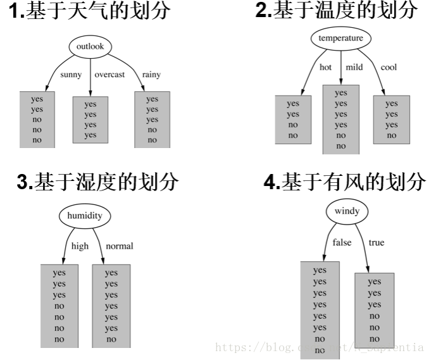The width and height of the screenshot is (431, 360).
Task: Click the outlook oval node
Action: coord(90,46)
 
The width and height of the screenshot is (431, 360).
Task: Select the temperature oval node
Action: coord(340,39)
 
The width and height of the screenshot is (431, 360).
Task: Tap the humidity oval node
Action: coord(84,216)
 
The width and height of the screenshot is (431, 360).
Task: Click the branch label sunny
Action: coord(71,75)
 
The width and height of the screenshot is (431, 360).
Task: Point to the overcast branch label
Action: coord(109,75)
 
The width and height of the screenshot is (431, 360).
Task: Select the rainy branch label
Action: coord(151,75)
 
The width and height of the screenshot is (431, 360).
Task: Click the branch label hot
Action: coord(325,67)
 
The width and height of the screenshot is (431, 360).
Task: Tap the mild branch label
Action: coord(354,67)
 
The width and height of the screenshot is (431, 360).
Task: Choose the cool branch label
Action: coord(389,67)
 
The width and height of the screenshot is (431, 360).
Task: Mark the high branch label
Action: coord(80,246)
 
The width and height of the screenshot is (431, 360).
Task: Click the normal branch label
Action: coord(120,246)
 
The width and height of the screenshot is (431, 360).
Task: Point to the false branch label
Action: coord(342,242)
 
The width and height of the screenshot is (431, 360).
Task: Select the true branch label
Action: coord(376,242)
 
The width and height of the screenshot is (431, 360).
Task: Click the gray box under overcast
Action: coord(91,120)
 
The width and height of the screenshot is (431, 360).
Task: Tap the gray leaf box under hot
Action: coord(293,120)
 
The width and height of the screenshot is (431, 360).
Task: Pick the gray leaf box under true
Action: coord(375,310)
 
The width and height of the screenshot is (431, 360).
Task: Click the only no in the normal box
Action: coord(111,339)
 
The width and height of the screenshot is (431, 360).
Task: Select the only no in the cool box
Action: coord(392,135)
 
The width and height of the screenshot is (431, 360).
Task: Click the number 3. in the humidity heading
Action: coord(25,183)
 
